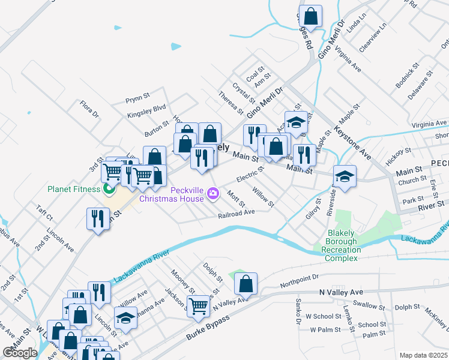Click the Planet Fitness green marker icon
coord(109,190)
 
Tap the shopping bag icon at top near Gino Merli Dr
coord(311,14)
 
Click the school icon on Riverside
coord(345,176)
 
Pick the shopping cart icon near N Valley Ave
coord(199,305)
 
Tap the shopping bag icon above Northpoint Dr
coord(246,284)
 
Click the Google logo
coord(20,353)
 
